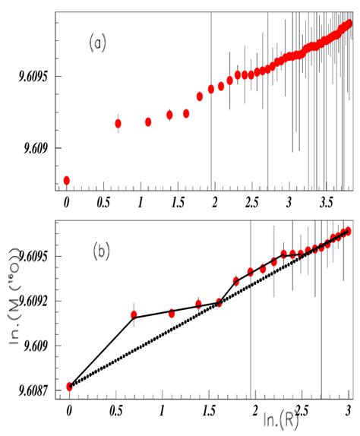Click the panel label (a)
point(97,44)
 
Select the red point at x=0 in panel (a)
point(67,180)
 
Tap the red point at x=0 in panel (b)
point(70,386)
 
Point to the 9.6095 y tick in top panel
point(33,77)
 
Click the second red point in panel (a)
point(118,123)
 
